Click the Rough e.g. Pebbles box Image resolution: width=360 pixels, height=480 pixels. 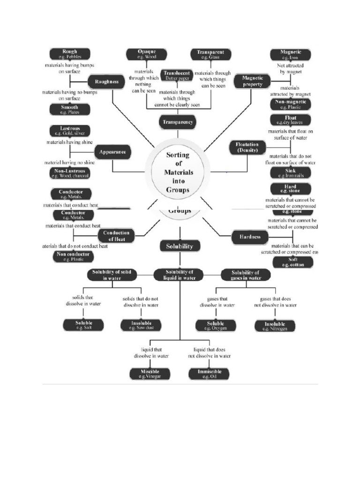(x=70, y=54)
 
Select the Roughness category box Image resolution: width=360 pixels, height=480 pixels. (x=106, y=82)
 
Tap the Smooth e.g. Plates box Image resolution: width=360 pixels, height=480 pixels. (x=70, y=110)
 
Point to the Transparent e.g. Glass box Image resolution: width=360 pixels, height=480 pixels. (x=210, y=54)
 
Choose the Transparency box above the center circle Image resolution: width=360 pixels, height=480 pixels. (x=177, y=122)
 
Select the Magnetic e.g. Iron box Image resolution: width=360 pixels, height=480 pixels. (x=291, y=54)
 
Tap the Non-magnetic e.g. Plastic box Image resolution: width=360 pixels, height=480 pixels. (x=291, y=104)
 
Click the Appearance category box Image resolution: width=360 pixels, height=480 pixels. (x=112, y=152)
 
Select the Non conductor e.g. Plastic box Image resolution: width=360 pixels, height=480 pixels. (x=73, y=256)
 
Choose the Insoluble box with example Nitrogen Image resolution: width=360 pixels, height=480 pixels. (x=275, y=326)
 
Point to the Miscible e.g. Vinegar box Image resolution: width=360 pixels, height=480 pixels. (x=150, y=374)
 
